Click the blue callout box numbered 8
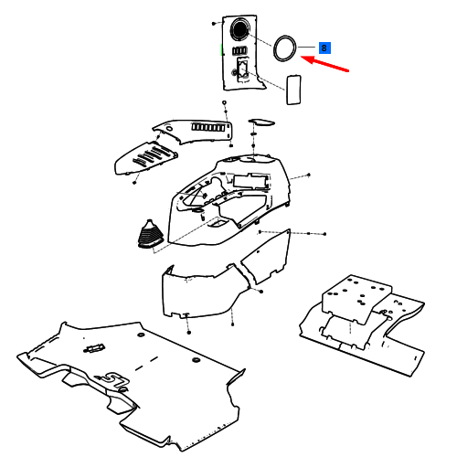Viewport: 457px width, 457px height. [324, 48]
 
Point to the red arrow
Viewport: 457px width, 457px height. [324, 64]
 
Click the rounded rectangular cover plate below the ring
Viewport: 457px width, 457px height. [293, 90]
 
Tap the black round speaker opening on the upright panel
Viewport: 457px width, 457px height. [240, 28]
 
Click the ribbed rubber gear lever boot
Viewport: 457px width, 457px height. [150, 234]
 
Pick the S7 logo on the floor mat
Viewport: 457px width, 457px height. [114, 380]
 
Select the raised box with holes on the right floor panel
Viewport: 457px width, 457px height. [356, 299]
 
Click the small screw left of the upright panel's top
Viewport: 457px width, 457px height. [214, 24]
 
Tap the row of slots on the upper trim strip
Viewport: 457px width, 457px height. [208, 127]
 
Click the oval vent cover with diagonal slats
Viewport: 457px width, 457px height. [145, 158]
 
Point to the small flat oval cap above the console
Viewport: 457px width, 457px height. [261, 122]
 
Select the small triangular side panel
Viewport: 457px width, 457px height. [267, 257]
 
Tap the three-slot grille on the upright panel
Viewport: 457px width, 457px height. [239, 50]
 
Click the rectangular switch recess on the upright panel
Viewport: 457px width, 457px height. [243, 69]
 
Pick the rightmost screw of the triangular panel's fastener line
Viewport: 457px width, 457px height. [324, 234]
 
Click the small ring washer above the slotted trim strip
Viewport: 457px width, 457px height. [224, 102]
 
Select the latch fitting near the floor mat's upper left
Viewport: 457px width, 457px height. [94, 348]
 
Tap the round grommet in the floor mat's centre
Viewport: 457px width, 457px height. [196, 360]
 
